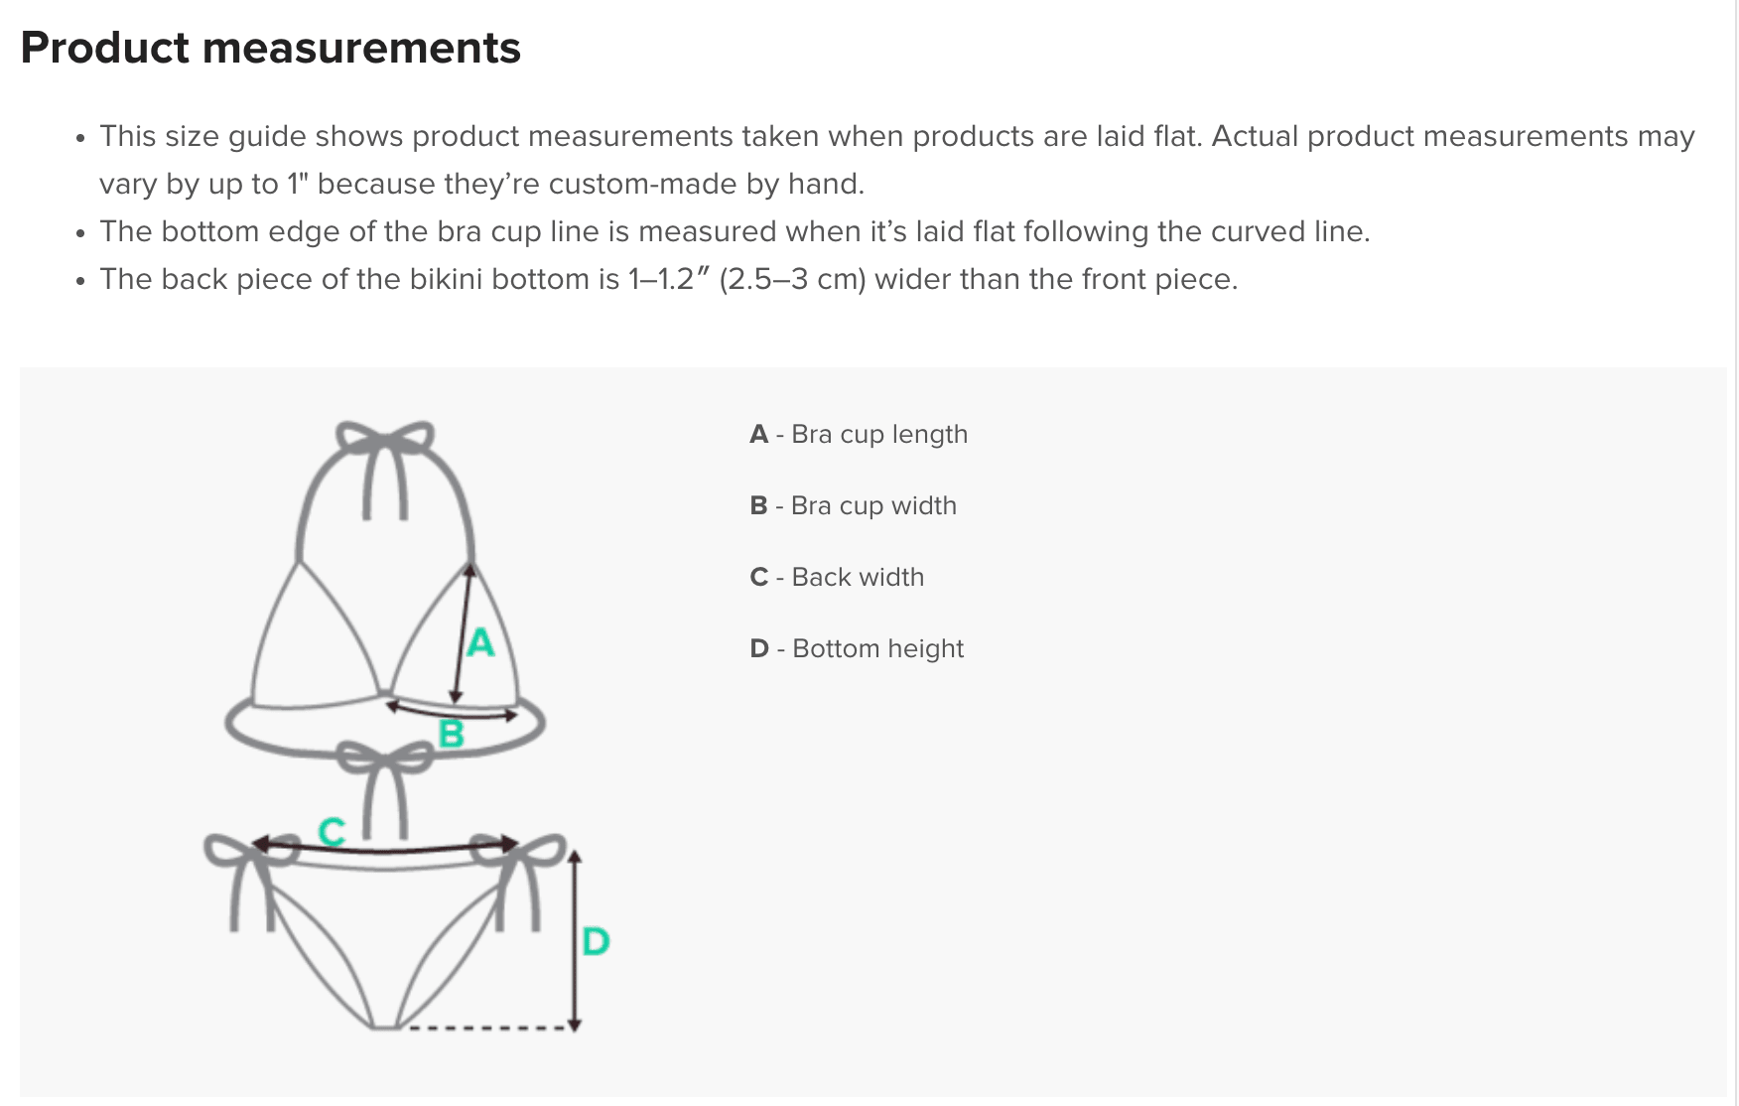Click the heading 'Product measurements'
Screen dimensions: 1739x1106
point(270,48)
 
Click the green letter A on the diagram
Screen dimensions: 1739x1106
point(480,642)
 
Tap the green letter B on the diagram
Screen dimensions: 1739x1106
point(452,734)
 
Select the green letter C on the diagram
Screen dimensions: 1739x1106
point(332,830)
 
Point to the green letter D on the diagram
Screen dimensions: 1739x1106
point(596,940)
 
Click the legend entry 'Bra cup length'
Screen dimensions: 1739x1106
point(879,435)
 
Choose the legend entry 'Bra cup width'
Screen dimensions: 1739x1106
point(873,506)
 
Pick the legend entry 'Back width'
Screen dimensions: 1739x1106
point(858,578)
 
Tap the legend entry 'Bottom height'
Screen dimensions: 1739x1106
point(878,649)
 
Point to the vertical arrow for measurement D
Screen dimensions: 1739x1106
point(575,940)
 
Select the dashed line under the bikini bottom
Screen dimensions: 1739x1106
point(488,1028)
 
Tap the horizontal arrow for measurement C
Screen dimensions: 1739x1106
point(385,847)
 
